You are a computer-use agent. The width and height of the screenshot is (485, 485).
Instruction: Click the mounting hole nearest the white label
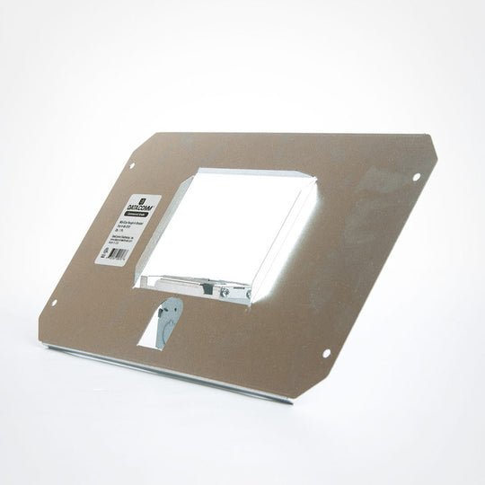[x=132, y=166]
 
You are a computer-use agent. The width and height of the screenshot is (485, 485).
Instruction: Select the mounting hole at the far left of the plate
[x=54, y=303]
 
